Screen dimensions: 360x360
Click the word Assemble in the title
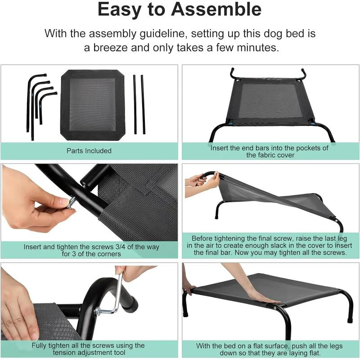[x=216, y=9]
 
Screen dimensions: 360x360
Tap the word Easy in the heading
[x=119, y=10]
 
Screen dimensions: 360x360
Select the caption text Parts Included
[x=89, y=151]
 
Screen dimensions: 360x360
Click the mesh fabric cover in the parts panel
[x=93, y=105]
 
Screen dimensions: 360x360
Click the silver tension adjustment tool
[x=110, y=298]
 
